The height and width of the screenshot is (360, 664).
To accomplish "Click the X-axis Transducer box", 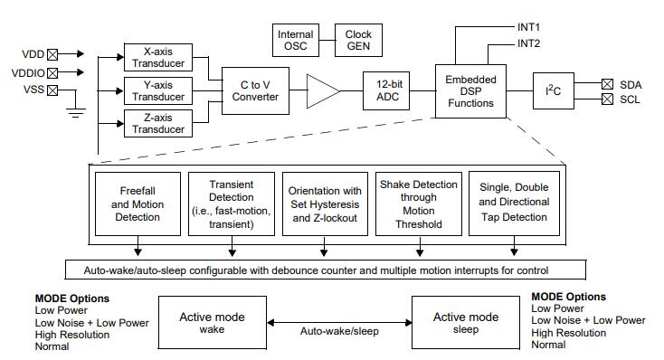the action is pos(158,57).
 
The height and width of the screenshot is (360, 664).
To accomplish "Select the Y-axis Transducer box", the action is pos(158,90).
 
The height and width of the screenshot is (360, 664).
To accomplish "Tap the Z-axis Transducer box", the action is pos(158,123).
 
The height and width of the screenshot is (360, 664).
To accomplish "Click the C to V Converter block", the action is pos(255,90).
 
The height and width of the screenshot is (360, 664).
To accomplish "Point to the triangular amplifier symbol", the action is pos(323,90).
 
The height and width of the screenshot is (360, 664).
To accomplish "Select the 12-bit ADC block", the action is pos(386,90).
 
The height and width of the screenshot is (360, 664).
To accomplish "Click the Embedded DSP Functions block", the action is pos(470,91).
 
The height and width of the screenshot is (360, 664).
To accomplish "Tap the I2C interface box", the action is pos(553,90).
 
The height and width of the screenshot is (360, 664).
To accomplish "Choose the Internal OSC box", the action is pos(296,40).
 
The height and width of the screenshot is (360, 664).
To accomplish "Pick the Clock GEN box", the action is pos(358,40).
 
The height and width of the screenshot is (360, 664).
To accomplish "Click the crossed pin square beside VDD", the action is pos(52,54).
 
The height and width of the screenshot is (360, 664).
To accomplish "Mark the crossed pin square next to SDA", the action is pos(607,84).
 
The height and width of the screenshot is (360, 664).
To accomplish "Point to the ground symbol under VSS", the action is pos(76,113).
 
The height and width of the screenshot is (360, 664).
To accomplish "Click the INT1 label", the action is pos(528,27).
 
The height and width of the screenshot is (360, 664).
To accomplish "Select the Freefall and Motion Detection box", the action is pos(138,204).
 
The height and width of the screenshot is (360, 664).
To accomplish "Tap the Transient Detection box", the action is pos(232,204).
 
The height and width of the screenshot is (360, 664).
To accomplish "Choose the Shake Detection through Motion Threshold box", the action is pos(418,204).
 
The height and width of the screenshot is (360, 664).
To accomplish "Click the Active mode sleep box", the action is pos(466,322).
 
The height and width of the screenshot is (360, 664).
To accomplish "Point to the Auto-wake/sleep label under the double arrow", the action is pos(339,331).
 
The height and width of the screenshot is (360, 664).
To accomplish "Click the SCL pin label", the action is pos(630,99).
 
